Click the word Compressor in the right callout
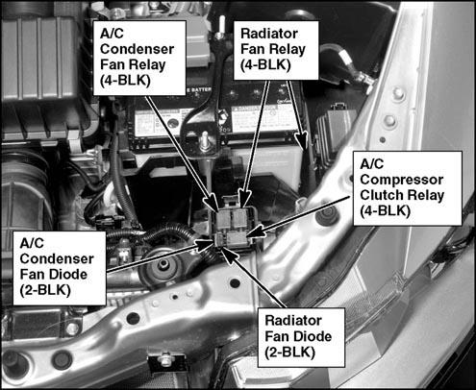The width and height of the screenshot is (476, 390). click(402, 180)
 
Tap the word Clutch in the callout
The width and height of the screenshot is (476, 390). click(380, 195)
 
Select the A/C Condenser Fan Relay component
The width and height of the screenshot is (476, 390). click(224, 220)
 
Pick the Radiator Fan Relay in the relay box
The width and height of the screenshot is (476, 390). click(239, 219)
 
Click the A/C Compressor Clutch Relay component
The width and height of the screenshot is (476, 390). click(237, 239)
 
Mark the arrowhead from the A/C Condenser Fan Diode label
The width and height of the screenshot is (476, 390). click(207, 245)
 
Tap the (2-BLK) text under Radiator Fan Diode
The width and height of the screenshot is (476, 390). click(290, 353)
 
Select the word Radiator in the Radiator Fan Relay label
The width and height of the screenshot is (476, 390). click(269, 34)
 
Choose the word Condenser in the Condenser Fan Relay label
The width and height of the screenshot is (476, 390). click(137, 49)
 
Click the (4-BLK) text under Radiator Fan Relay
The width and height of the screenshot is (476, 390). click(265, 65)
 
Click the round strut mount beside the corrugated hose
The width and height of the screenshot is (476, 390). click(163, 266)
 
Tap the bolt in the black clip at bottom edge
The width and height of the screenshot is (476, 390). click(165, 358)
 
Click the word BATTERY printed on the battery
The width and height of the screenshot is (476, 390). click(202, 90)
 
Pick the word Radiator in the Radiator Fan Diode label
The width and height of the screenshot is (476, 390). click(293, 321)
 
